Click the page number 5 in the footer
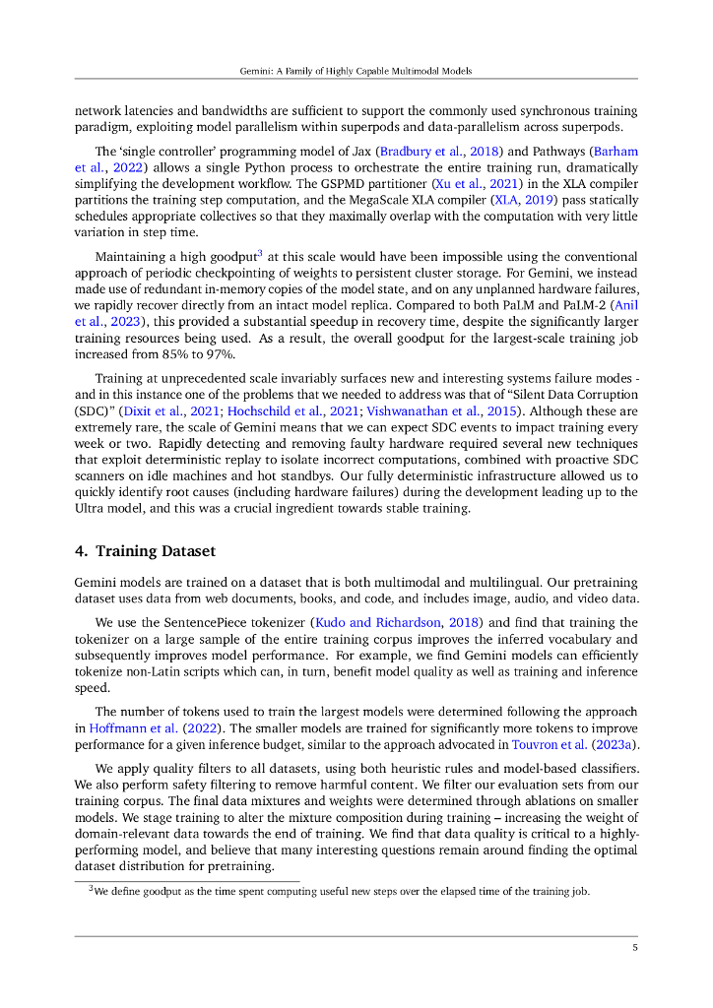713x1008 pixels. pos(635,948)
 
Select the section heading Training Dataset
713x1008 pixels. pos(155,550)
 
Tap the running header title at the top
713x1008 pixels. pos(356,71)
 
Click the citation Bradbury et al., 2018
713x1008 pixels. pos(441,152)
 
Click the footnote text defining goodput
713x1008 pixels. pos(341,892)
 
